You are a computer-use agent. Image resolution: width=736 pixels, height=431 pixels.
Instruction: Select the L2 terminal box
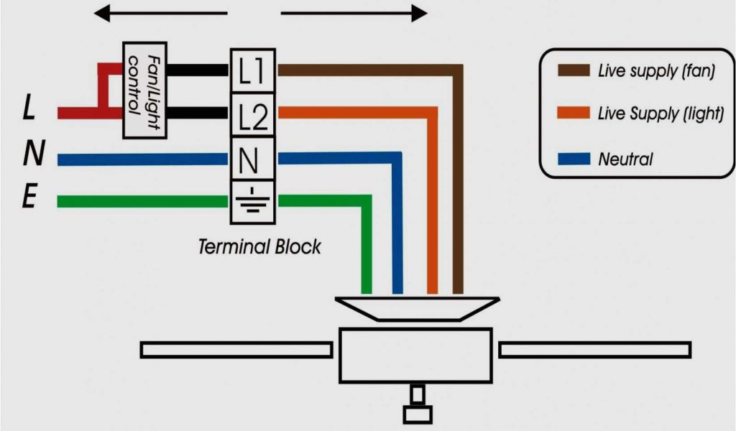click(x=252, y=115)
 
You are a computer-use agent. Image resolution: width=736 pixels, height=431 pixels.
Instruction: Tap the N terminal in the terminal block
click(x=252, y=159)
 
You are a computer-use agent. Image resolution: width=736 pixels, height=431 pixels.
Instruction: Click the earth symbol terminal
click(x=252, y=202)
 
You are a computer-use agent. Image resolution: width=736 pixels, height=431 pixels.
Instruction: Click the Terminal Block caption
click(x=259, y=247)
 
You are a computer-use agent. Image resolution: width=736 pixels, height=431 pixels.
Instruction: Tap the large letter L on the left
click(x=29, y=109)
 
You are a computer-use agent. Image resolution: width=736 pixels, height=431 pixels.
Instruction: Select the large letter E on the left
click(x=29, y=198)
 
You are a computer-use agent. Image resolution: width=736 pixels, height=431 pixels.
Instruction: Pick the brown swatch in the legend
click(x=573, y=70)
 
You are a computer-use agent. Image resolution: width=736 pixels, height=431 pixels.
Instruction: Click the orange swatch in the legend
click(x=573, y=113)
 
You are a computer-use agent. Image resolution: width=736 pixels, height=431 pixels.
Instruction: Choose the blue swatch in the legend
click(x=573, y=158)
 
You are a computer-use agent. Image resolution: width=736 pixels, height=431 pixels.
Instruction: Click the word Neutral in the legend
click(x=625, y=159)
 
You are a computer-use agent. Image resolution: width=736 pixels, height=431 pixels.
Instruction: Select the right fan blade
click(x=595, y=350)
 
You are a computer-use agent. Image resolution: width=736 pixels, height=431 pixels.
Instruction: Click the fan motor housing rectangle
click(x=416, y=354)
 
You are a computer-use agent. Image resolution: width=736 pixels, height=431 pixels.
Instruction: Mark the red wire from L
click(x=83, y=113)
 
